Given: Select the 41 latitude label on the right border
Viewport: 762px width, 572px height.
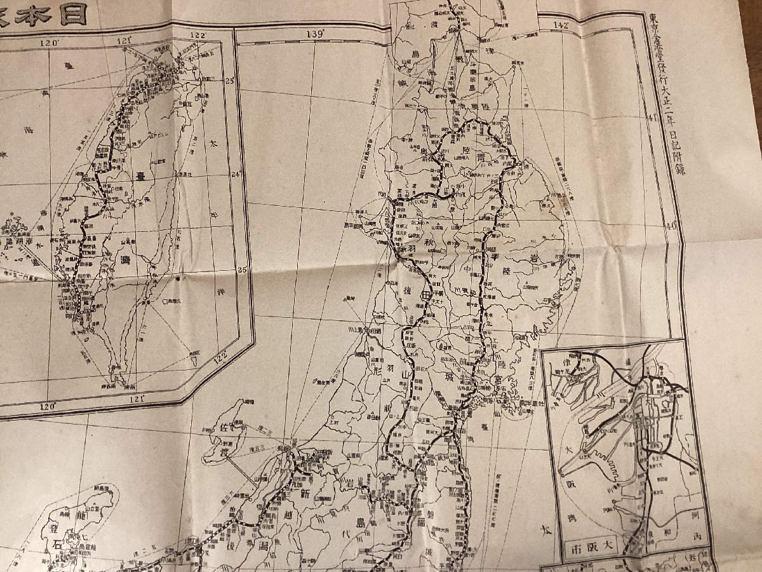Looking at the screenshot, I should click(652, 117).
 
